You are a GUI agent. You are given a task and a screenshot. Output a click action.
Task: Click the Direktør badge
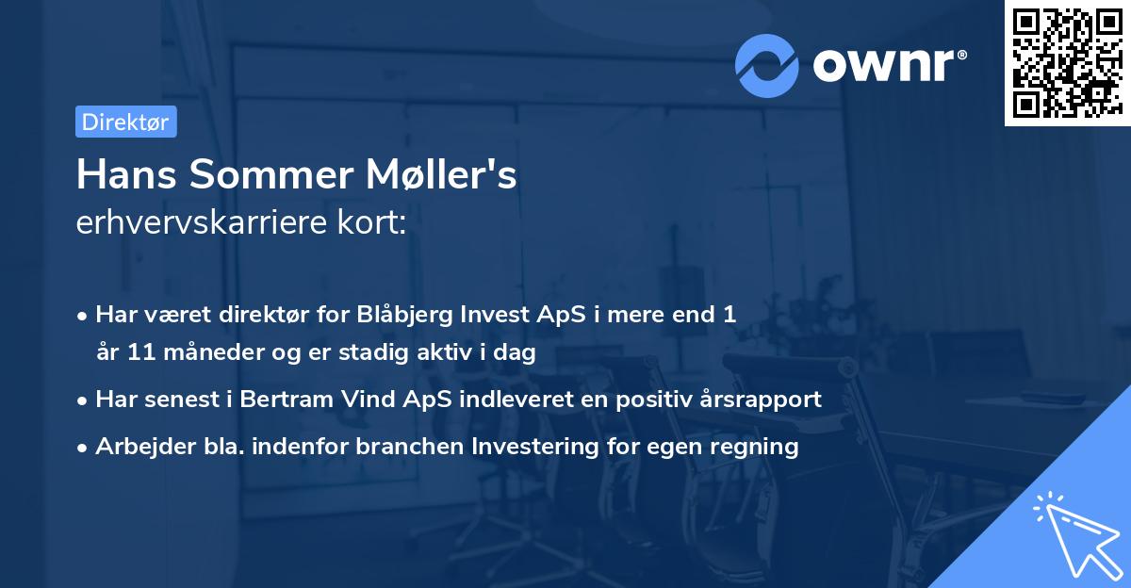point(125,122)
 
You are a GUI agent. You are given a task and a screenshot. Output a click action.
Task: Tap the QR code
point(1067,62)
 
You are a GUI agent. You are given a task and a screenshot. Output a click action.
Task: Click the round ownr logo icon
point(767,65)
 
